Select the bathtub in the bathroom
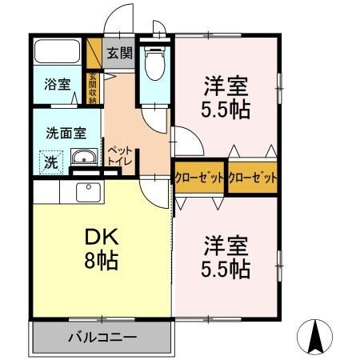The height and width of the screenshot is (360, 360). [x=58, y=54]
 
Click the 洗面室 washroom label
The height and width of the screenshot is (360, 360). [x=60, y=134]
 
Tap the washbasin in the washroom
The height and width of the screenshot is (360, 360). [x=84, y=158]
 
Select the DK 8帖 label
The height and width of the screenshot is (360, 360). [x=102, y=248]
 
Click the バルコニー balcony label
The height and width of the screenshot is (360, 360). [x=102, y=337]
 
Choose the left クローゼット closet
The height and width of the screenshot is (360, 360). [x=199, y=178]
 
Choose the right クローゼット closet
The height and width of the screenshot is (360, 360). [x=253, y=178]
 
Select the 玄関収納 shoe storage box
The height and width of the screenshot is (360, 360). [x=93, y=86]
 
